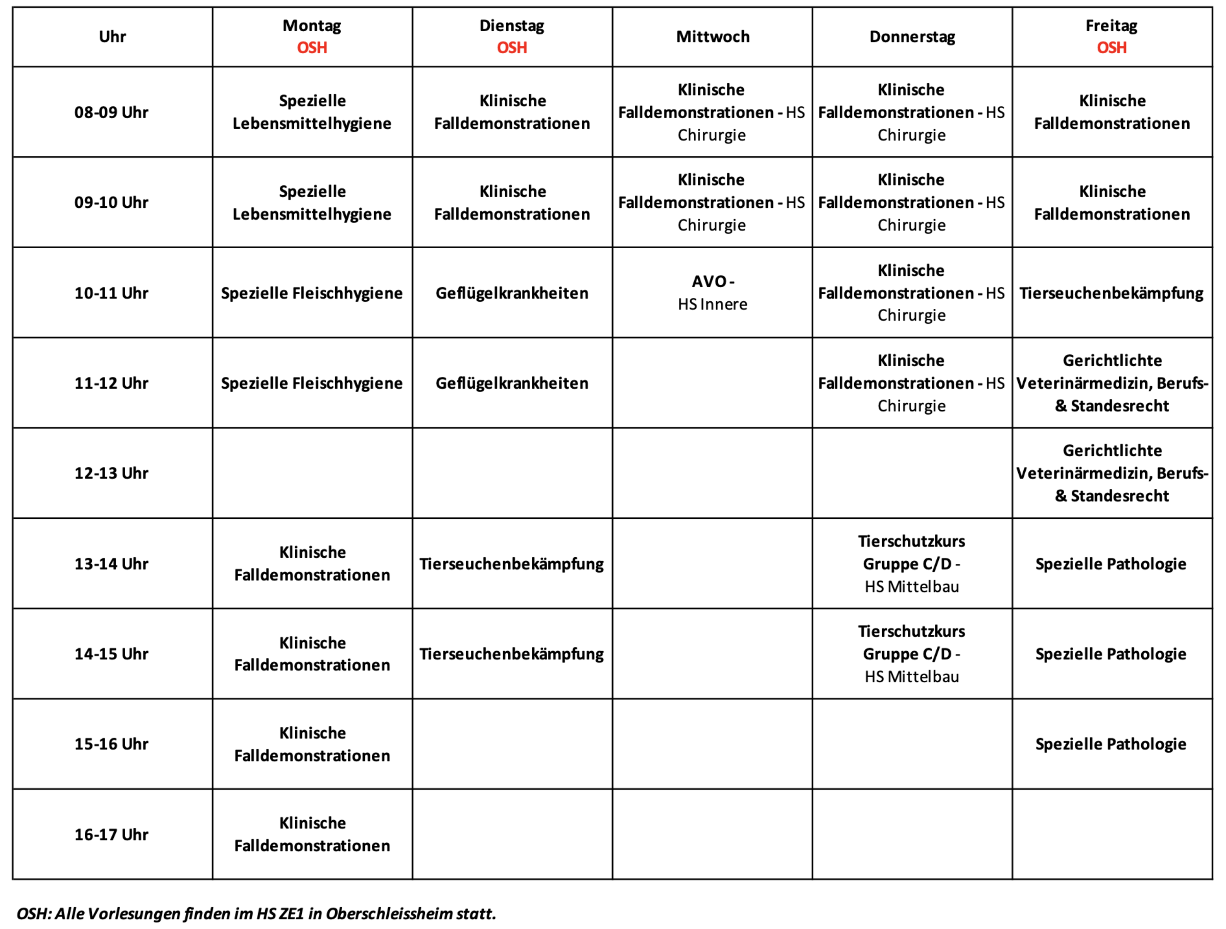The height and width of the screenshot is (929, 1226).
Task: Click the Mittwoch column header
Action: tap(712, 37)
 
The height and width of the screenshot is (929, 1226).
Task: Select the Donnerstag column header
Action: tap(912, 37)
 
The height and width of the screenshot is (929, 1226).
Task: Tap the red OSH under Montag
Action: tap(312, 47)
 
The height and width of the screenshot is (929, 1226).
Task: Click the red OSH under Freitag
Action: tap(1111, 47)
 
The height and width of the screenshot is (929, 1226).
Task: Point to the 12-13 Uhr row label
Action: tap(111, 473)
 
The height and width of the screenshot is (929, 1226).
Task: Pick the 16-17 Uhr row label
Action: tap(111, 835)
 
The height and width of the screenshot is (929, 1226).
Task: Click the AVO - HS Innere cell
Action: tap(712, 293)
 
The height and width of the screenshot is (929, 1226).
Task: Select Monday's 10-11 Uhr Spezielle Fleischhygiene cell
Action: tap(312, 293)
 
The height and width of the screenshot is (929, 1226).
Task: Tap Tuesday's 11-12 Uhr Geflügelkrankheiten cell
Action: tap(512, 383)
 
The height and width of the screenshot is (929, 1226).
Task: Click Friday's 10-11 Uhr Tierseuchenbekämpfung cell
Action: tap(1111, 293)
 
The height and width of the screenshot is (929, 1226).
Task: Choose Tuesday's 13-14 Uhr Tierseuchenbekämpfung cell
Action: tap(512, 563)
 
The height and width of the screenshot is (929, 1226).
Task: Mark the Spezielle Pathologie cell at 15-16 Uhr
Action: tap(1111, 744)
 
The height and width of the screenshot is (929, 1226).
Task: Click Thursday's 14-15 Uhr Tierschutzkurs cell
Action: tap(912, 654)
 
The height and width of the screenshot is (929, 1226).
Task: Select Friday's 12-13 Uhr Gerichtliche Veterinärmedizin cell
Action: tap(1111, 473)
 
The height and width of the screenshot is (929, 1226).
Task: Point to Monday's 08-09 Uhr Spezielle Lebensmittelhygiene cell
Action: tap(312, 112)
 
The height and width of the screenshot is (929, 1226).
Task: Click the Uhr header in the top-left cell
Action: tap(112, 37)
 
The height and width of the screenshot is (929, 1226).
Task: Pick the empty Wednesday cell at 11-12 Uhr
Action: tap(712, 383)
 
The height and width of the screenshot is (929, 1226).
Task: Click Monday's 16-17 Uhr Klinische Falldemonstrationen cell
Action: tap(312, 835)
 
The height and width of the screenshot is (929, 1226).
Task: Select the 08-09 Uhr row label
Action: tap(111, 112)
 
